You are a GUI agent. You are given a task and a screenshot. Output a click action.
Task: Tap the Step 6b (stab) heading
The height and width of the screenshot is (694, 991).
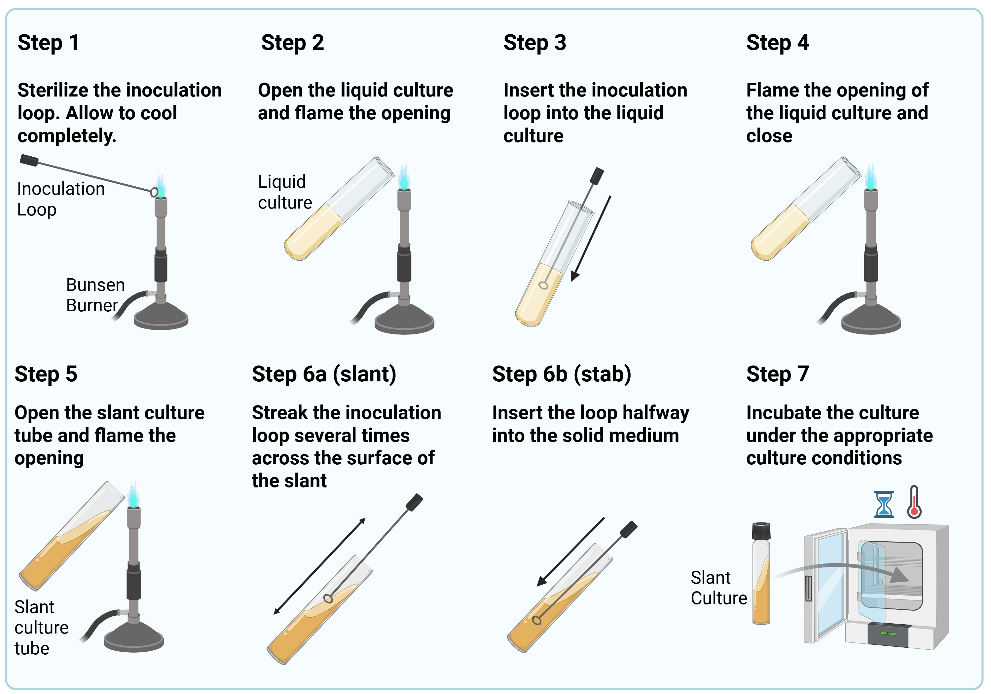[561, 374]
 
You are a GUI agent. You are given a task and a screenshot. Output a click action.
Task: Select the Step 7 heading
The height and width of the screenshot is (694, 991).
[777, 374]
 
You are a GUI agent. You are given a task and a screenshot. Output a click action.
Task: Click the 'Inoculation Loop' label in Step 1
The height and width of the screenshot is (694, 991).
[60, 199]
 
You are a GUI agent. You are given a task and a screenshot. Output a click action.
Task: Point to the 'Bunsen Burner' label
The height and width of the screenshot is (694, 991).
[95, 295]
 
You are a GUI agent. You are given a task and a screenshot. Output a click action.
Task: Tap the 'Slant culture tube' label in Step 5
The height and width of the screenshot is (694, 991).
[41, 628]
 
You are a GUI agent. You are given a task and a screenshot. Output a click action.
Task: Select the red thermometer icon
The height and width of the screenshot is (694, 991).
[914, 502]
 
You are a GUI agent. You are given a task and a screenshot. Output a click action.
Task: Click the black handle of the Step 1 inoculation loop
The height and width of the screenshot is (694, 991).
[29, 160]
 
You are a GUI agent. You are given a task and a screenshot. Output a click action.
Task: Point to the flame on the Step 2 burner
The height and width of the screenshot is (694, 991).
[404, 177]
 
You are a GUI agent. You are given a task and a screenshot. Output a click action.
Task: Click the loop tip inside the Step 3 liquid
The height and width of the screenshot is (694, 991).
[543, 285]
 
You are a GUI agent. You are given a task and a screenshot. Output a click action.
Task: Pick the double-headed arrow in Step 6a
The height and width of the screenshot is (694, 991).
[320, 566]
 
